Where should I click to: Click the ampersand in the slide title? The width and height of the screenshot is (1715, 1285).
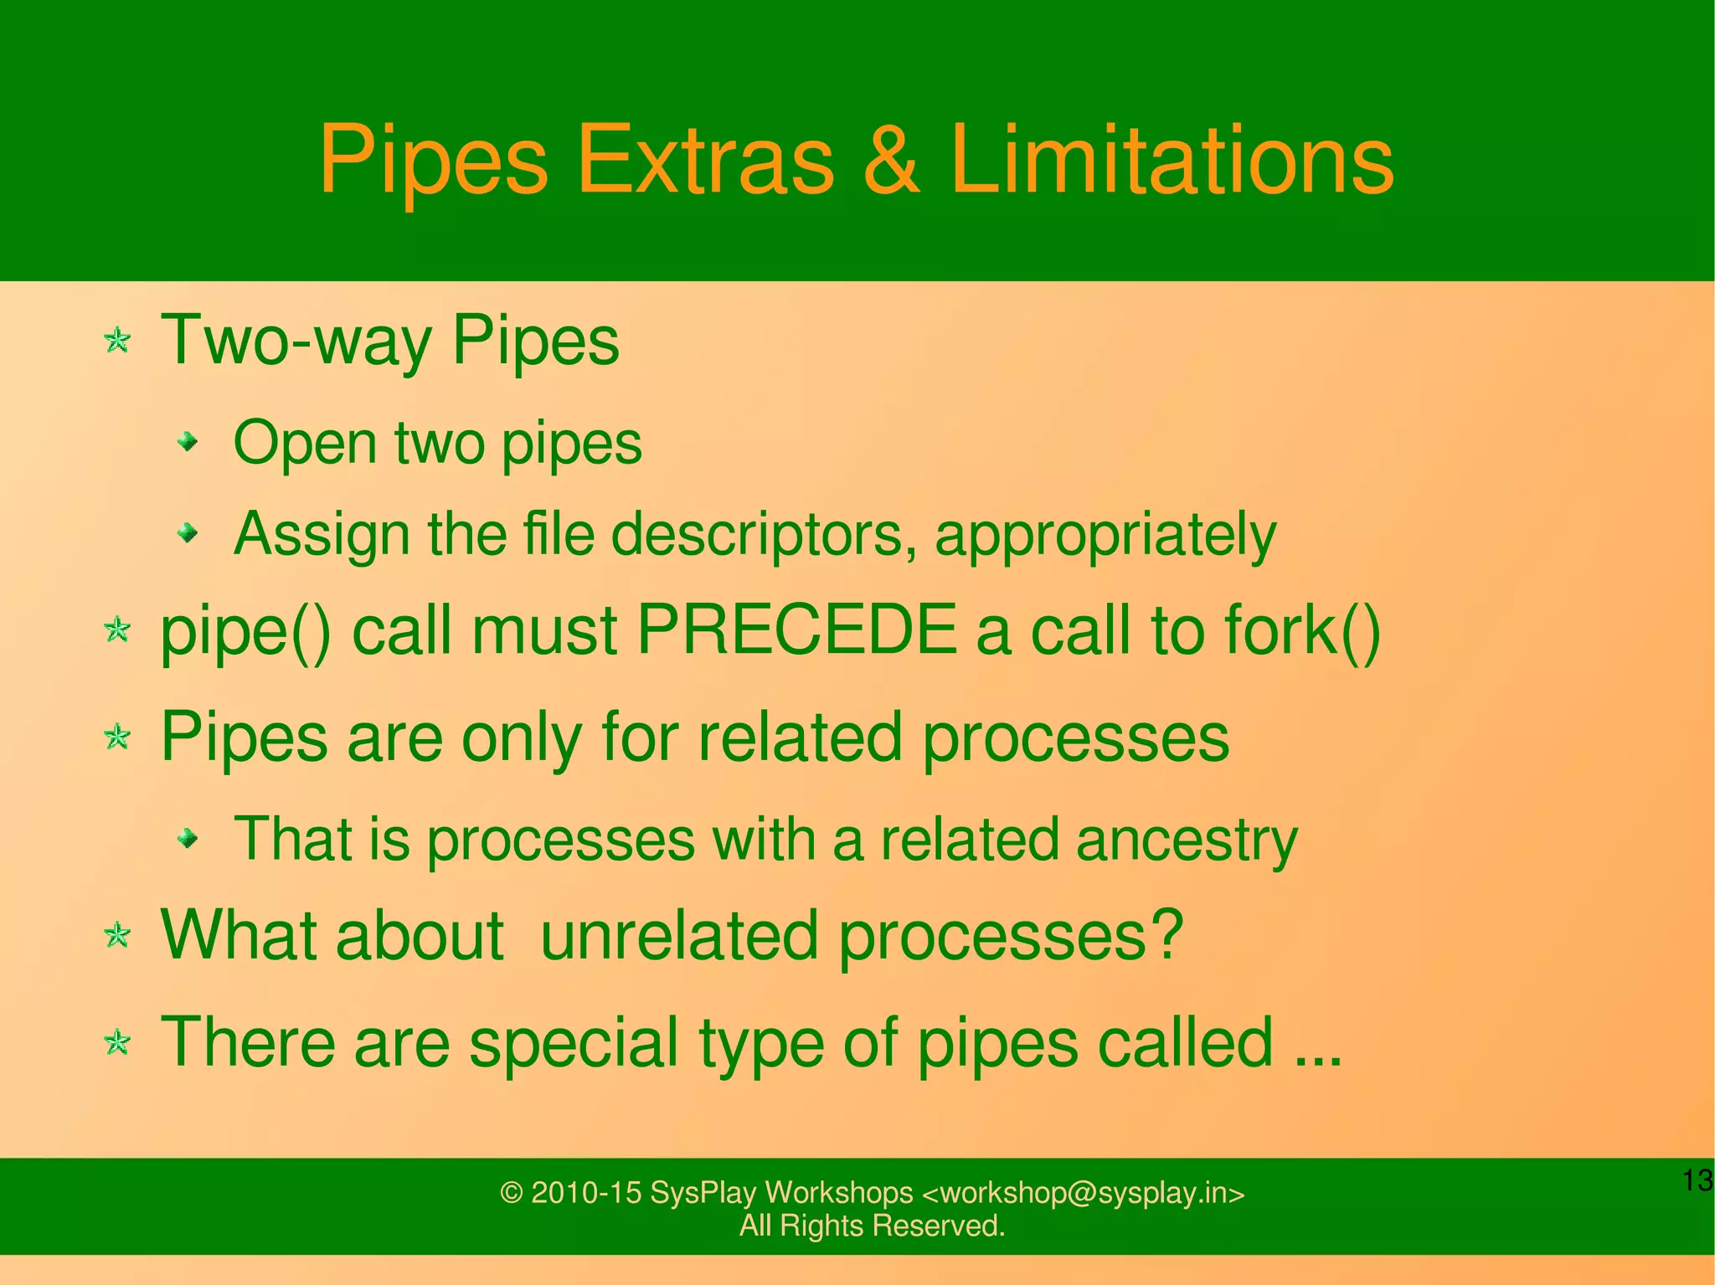[x=891, y=160]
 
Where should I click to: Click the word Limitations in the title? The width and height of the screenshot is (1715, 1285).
[x=1172, y=160]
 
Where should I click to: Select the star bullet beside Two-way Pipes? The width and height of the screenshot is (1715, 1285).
[x=117, y=341]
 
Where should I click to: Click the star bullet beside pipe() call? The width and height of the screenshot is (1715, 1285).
[x=117, y=630]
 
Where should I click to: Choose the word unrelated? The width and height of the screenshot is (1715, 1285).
[x=678, y=935]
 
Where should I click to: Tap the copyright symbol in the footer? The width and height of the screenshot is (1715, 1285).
[x=511, y=1193]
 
